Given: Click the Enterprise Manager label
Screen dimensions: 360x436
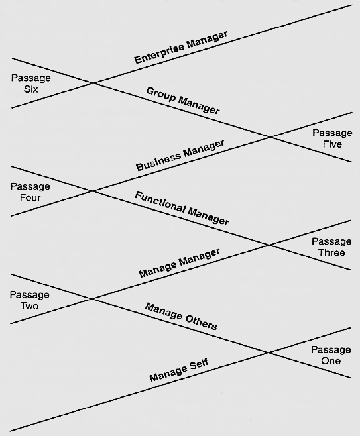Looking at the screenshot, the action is click(181, 47).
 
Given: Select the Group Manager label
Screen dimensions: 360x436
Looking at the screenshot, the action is click(183, 100).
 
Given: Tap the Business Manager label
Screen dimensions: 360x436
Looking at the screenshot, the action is click(180, 155).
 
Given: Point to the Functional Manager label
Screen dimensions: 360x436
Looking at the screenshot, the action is click(182, 208).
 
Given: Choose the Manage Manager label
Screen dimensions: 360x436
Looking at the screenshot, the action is click(180, 263).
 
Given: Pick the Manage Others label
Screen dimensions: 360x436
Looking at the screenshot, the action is click(181, 317).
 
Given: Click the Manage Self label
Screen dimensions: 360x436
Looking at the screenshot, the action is click(179, 370).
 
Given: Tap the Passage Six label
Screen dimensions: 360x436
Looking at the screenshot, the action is click(31, 83).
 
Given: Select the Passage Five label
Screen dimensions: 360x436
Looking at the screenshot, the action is click(332, 138).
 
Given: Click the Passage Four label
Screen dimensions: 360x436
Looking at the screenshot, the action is click(30, 192).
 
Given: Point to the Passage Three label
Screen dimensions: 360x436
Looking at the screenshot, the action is click(331, 247).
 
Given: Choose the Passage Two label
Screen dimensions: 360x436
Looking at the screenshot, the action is click(29, 300).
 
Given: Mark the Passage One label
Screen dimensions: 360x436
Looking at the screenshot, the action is click(331, 355).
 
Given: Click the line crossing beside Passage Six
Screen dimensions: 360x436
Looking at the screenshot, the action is click(93, 83).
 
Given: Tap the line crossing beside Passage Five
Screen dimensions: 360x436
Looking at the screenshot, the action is click(270, 136).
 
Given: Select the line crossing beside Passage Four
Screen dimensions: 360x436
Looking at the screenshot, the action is click(92, 191).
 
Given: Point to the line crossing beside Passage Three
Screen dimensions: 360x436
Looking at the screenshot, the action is click(269, 245).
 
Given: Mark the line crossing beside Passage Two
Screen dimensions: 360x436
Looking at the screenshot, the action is click(91, 299).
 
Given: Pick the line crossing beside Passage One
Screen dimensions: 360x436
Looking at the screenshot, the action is click(268, 353).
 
